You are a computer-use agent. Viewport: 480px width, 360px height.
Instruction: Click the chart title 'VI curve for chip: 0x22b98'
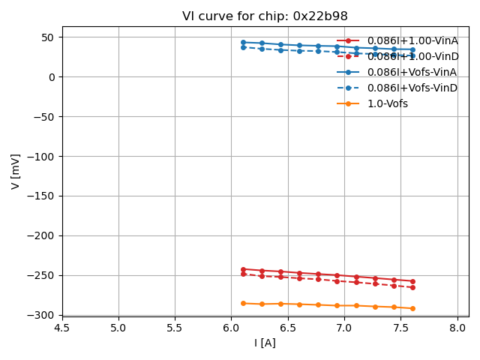pos(265,16)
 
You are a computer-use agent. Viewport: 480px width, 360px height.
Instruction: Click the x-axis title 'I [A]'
pos(265,343)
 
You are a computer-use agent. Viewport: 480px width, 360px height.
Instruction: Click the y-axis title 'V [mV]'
pos(16,171)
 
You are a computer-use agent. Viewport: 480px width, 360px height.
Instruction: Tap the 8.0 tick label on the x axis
pos(457,328)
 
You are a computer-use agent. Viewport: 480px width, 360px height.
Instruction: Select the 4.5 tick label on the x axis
pos(62,328)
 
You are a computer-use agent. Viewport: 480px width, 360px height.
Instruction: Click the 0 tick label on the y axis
pos(52,77)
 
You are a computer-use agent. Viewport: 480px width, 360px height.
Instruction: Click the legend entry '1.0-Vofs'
pos(387,103)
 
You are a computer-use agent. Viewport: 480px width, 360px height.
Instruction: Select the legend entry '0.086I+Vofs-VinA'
pos(412,72)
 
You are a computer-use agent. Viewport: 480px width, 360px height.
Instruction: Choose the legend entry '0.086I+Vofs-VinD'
pos(412,88)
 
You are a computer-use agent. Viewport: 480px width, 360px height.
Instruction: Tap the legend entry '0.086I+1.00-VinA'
pos(412,40)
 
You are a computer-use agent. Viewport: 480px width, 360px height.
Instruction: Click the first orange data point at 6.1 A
pos(243,303)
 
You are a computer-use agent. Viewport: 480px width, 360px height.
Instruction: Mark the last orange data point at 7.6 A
pos(412,308)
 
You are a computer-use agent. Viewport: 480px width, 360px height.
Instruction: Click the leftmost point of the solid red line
pos(243,269)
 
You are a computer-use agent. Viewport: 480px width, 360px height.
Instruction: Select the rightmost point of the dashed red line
pos(412,287)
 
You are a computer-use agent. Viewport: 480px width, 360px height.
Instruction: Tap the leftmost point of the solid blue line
pos(243,42)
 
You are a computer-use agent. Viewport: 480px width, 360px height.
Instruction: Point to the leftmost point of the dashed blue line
pos(243,47)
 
